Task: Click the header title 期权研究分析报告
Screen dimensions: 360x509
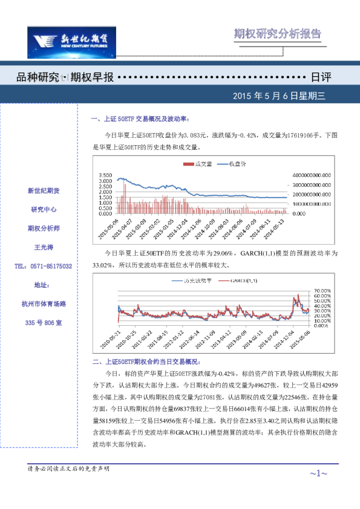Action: pyautogui.click(x=278, y=34)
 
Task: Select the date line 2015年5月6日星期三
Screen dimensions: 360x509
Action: pyautogui.click(x=279, y=96)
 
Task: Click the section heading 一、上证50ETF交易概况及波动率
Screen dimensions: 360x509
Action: pyautogui.click(x=140, y=119)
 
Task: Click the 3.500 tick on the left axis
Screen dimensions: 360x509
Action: pyautogui.click(x=104, y=174)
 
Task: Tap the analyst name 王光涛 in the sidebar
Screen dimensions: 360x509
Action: pyautogui.click(x=43, y=247)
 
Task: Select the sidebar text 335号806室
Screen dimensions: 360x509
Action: pyautogui.click(x=43, y=323)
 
